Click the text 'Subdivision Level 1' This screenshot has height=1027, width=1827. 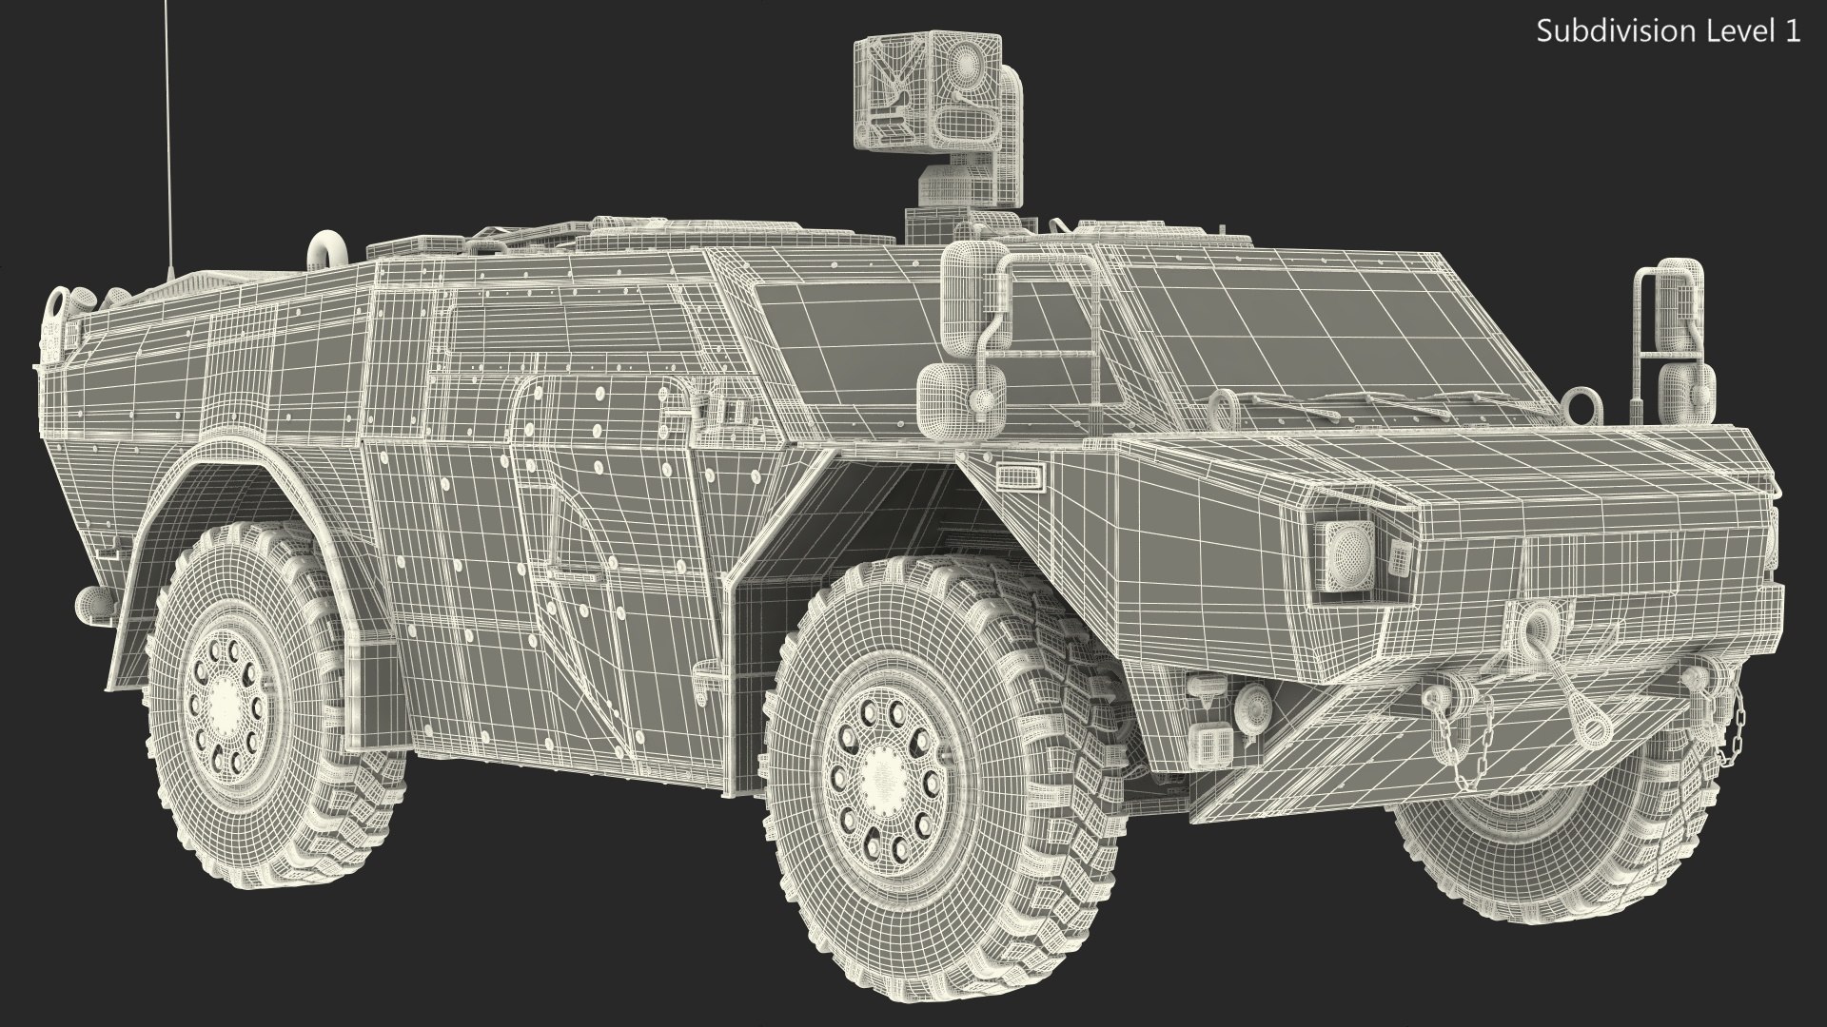(x=1668, y=31)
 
